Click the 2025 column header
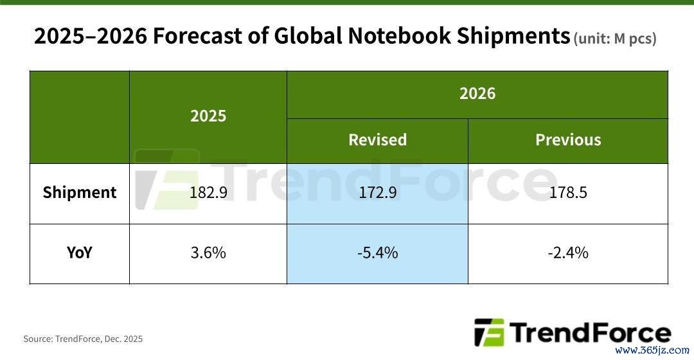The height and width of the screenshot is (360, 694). pos(208,116)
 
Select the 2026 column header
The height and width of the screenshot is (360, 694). pos(477,94)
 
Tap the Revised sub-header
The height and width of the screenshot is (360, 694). pos(377,140)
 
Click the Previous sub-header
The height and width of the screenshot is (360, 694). pos(568,140)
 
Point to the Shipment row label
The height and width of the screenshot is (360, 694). pos(80,192)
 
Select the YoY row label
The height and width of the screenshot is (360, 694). pos(80,253)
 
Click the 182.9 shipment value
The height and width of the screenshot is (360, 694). pos(208,192)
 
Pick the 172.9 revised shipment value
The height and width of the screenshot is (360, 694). pos(377,192)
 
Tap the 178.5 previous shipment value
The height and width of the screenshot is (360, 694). pos(568,192)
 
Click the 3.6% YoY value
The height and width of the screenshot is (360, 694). pos(208,253)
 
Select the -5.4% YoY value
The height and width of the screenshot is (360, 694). pos(377,253)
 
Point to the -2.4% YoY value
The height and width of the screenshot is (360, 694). pos(568,253)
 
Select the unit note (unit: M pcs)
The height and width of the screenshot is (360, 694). pos(615,39)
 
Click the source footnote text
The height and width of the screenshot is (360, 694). pos(83,339)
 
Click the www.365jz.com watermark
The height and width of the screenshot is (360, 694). pos(652,351)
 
